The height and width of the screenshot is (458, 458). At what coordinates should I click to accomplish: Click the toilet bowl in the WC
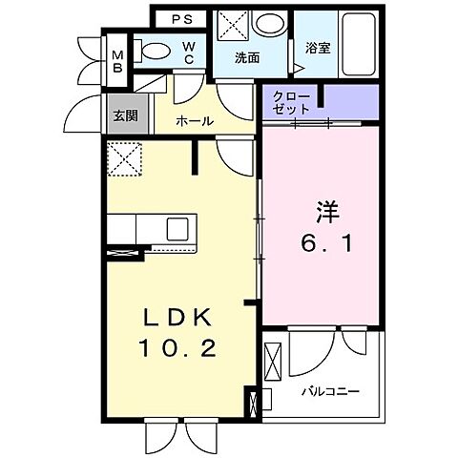click(x=154, y=51)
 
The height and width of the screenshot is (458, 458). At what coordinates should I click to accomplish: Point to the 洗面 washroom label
click(x=249, y=56)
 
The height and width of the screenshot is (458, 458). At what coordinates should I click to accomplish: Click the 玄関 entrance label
click(x=125, y=118)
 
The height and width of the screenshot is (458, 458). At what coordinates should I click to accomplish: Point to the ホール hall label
click(x=194, y=122)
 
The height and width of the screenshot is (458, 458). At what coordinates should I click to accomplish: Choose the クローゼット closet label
click(x=290, y=103)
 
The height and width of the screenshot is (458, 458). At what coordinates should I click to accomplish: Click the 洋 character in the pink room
click(x=323, y=209)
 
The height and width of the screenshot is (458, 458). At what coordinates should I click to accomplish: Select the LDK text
click(x=182, y=318)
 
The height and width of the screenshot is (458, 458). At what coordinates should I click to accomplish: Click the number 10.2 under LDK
click(x=181, y=349)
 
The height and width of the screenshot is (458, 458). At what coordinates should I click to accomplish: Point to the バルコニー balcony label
click(x=331, y=391)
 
